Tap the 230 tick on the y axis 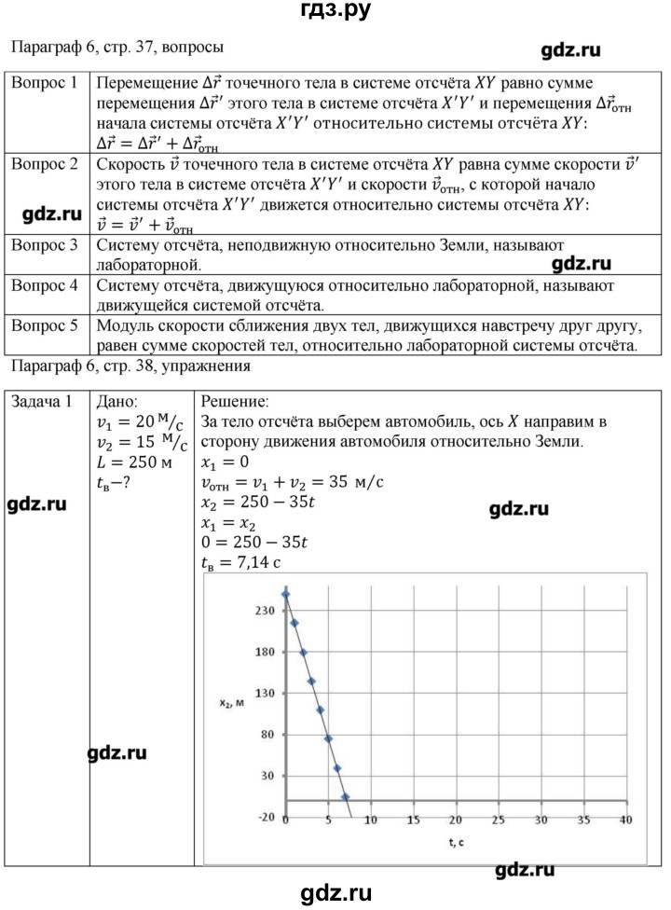tap(265, 611)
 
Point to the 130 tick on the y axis tap(265, 694)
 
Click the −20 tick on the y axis tap(265, 817)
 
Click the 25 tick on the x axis tap(498, 820)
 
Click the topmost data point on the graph tap(285, 594)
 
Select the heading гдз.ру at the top tap(335, 12)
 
